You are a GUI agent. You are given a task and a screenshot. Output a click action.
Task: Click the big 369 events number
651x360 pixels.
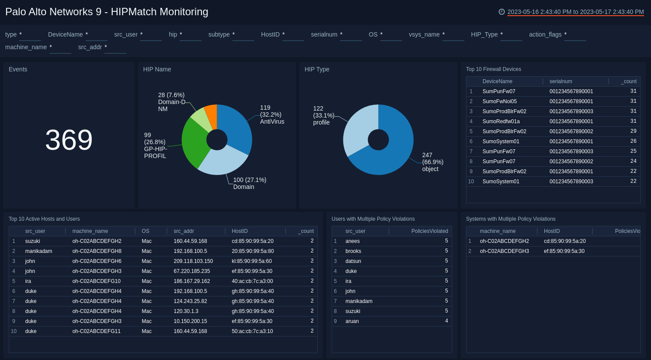pyautogui.click(x=69, y=140)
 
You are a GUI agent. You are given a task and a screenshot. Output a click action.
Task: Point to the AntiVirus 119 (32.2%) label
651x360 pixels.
pyautogui.click(x=272, y=114)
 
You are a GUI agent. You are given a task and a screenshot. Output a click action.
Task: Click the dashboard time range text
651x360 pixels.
pyautogui.click(x=575, y=12)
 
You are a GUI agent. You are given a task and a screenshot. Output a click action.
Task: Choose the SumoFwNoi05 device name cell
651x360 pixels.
pyautogui.click(x=500, y=101)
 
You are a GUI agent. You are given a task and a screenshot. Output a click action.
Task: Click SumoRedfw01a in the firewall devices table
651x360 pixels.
pyautogui.click(x=501, y=121)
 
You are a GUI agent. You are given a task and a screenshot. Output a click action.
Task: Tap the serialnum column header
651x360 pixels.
pyautogui.click(x=560, y=81)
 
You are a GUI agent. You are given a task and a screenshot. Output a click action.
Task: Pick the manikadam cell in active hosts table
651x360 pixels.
pyautogui.click(x=39, y=251)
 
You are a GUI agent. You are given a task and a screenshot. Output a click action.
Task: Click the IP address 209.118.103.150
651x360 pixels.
pyautogui.click(x=193, y=261)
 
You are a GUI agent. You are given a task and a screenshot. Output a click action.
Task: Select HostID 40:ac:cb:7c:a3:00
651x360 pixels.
pyautogui.click(x=252, y=281)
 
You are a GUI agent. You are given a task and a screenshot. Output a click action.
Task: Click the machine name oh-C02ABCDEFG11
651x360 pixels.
pyautogui.click(x=97, y=331)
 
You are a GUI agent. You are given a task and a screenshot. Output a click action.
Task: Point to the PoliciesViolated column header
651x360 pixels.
pyautogui.click(x=429, y=231)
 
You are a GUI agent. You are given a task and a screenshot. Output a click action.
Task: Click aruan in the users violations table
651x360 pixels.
pyautogui.click(x=352, y=321)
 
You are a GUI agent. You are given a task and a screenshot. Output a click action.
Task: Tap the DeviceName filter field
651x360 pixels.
pyautogui.click(x=97, y=35)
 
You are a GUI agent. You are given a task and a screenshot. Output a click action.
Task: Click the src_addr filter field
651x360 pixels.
pyautogui.click(x=115, y=47)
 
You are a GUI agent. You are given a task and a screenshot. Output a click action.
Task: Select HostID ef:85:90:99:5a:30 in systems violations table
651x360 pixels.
pyautogui.click(x=564, y=251)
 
